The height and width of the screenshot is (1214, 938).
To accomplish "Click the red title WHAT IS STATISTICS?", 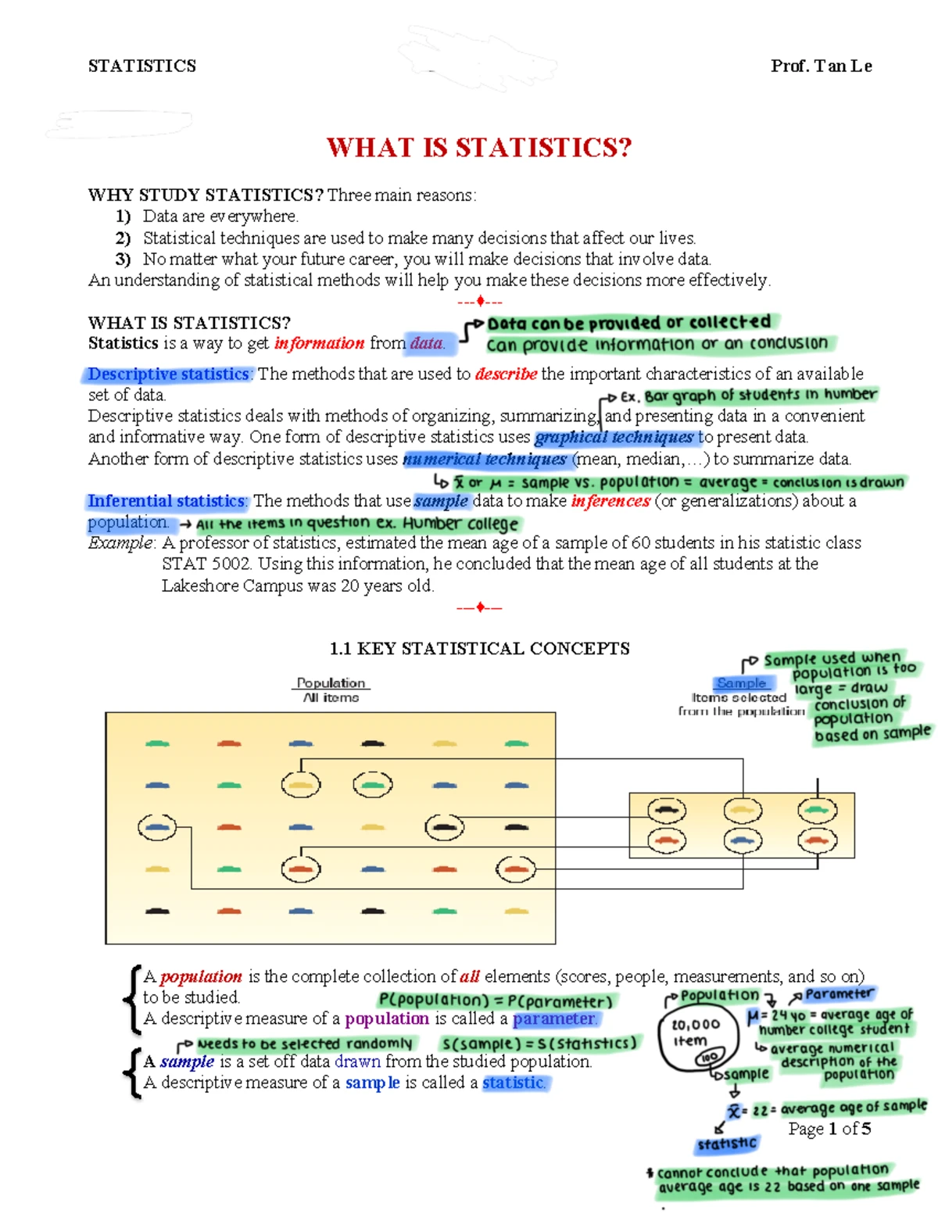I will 478,147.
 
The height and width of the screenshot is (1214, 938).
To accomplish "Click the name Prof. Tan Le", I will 821,66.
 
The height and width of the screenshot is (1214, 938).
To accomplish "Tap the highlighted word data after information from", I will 427,343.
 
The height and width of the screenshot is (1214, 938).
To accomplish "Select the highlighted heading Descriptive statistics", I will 167,374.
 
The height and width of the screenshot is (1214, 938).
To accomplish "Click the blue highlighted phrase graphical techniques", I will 614,437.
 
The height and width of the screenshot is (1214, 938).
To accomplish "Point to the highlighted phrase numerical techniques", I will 485,459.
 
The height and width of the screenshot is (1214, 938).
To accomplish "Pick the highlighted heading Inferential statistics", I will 166,501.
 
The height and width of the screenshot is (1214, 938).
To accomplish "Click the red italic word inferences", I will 610,501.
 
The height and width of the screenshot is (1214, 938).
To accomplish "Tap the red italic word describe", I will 506,374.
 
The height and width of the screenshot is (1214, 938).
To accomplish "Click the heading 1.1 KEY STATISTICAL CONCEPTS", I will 479,649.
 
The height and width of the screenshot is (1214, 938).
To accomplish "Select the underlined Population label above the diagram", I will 331,683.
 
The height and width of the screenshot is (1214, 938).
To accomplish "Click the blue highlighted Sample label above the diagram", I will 742,683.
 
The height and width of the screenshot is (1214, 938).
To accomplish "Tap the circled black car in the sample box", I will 667,811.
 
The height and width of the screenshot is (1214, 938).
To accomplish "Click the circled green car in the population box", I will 373,784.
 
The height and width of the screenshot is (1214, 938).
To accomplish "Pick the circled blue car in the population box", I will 157,826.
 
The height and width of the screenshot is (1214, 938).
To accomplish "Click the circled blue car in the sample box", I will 742,840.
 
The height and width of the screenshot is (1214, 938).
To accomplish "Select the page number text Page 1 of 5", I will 829,1129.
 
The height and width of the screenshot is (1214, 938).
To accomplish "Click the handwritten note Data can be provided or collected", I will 629,323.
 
